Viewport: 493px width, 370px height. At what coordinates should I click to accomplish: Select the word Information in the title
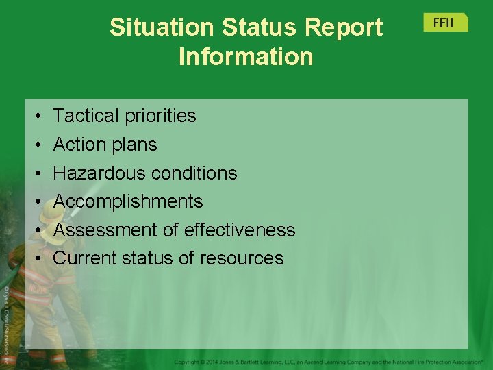click(246, 56)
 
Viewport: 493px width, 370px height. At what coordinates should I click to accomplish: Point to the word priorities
click(160, 116)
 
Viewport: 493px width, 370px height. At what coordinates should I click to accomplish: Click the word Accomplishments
click(128, 201)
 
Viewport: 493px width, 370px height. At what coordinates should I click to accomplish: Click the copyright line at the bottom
click(329, 361)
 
